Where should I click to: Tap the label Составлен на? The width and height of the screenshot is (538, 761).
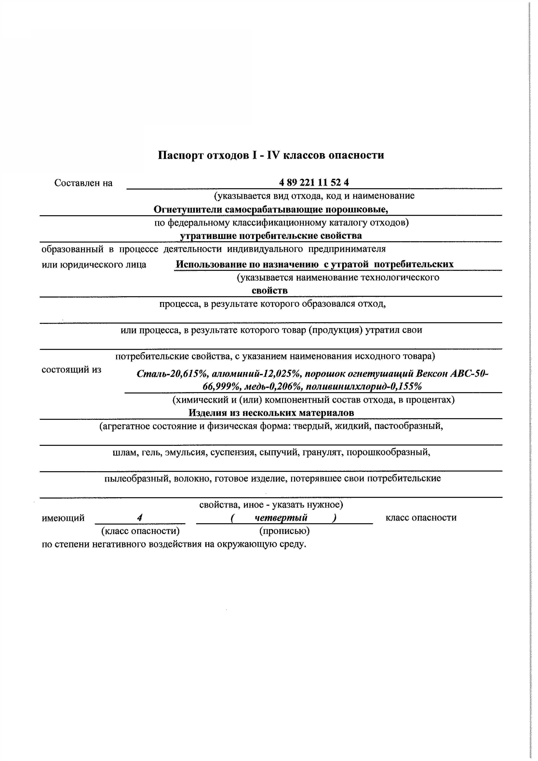(83, 183)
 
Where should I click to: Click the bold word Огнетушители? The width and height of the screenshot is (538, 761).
(188, 209)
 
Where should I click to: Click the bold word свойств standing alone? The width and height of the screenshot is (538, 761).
(270, 291)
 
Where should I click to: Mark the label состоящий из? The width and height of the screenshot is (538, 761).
(71, 370)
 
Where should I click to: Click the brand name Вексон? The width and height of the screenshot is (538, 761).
(432, 374)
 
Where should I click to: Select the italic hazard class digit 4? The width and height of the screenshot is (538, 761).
(140, 518)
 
